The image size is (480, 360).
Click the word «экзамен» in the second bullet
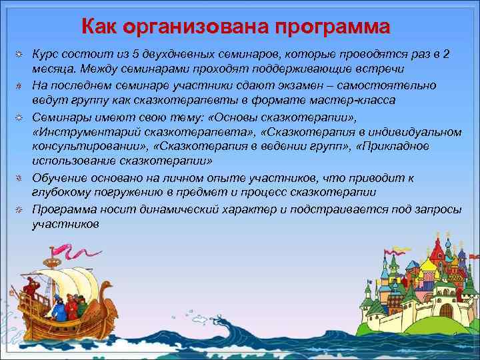[x=298, y=85]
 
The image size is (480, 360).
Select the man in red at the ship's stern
[x=27, y=291]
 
